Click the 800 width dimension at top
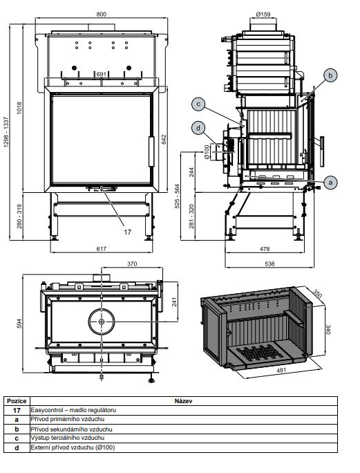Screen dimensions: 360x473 pyautogui.click(x=102, y=15)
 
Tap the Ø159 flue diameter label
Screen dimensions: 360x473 pyautogui.click(x=263, y=15)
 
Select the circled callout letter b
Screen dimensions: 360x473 pyautogui.click(x=330, y=75)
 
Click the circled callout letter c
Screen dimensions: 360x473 pyautogui.click(x=198, y=104)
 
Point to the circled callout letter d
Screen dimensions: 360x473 pyautogui.click(x=198, y=128)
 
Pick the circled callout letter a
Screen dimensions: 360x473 pyautogui.click(x=331, y=183)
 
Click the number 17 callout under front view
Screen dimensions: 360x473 pyautogui.click(x=128, y=232)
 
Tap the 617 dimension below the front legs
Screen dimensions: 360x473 pyautogui.click(x=102, y=249)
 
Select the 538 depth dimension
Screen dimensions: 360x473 pyautogui.click(x=269, y=264)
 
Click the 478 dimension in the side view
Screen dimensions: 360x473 pyautogui.click(x=265, y=249)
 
